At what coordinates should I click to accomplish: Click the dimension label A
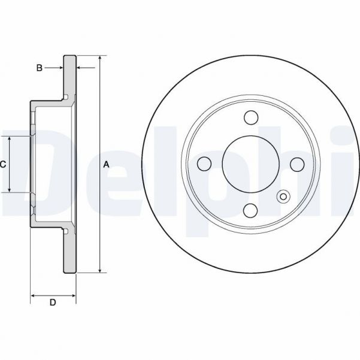point(106,164)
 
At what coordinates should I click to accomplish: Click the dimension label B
point(40,68)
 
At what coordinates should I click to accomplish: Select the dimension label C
point(3,164)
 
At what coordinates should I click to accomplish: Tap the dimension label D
point(53,302)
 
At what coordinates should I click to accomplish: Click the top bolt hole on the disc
point(251,117)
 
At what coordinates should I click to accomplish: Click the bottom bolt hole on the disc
point(250,210)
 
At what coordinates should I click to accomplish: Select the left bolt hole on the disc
point(204,164)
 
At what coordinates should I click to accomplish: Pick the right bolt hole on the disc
point(297,164)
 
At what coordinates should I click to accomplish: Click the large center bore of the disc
point(251,164)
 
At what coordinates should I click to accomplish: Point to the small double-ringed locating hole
point(283,196)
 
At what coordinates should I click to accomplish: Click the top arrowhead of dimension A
point(100,58)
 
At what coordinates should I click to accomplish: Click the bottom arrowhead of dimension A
point(100,270)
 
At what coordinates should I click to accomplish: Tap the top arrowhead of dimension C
point(10,139)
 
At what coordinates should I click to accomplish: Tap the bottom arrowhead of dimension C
point(10,189)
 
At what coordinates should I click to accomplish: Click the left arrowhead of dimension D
point(33,295)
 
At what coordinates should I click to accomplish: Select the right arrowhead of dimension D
point(74,295)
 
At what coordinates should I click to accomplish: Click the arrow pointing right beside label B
point(53,68)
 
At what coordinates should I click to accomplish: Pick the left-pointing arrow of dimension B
point(86,68)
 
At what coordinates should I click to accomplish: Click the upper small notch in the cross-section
point(66,97)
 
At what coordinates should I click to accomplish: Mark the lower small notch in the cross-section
point(66,231)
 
